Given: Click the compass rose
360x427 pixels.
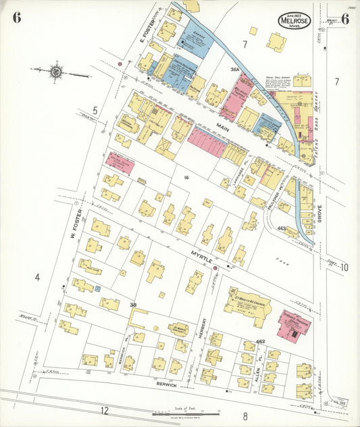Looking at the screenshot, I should (55, 71).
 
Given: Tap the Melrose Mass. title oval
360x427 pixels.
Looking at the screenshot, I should (294, 21).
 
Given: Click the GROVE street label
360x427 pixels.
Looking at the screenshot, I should (319, 214).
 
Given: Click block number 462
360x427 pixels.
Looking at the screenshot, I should (261, 343).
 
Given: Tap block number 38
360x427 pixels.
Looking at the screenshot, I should (134, 305).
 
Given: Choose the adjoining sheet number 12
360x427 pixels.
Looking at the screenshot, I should (104, 411).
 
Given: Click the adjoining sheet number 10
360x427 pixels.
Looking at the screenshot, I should (344, 268).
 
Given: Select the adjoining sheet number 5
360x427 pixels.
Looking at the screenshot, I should (95, 110).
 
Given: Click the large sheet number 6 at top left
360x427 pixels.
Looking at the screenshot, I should (16, 18).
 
